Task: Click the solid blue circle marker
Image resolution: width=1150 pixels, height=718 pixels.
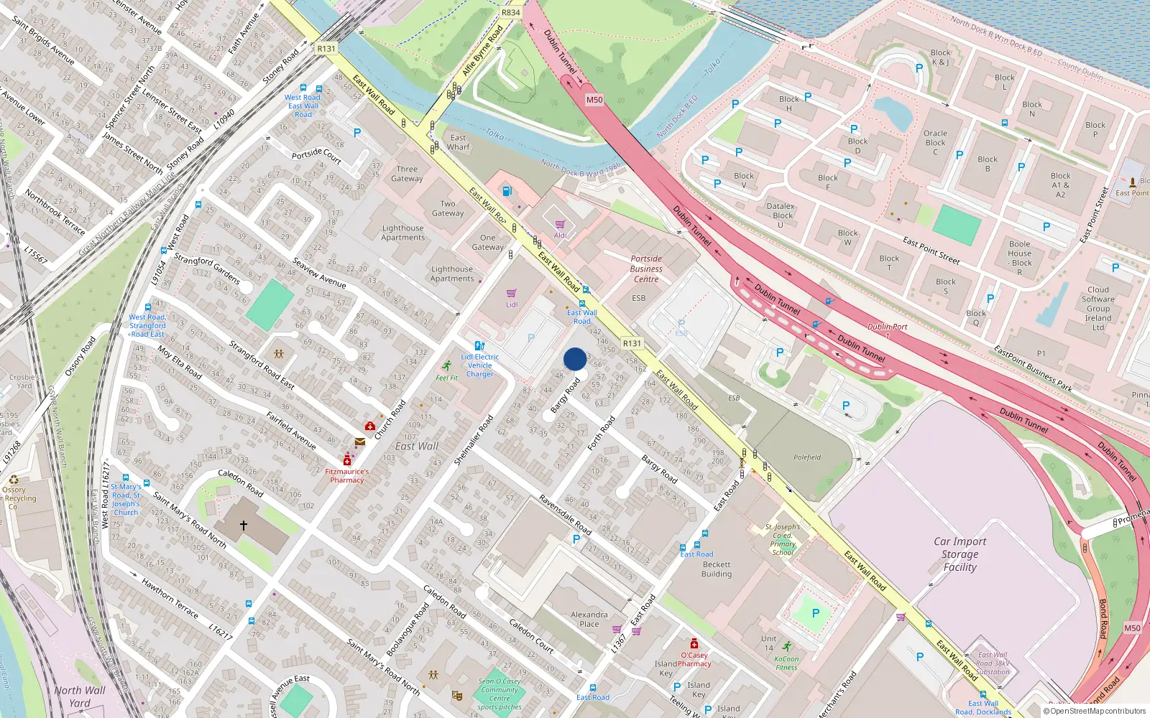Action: coord(575,359)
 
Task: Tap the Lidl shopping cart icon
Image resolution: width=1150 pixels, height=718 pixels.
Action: coord(511,294)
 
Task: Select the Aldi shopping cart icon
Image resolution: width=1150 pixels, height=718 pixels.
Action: coord(560,225)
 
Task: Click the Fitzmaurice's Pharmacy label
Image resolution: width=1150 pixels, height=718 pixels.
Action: coord(346,475)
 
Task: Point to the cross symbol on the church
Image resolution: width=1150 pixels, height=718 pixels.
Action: coord(244,526)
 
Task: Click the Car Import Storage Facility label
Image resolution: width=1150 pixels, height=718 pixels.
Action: coord(960,554)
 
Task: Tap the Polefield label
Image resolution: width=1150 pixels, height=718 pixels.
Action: coord(807,457)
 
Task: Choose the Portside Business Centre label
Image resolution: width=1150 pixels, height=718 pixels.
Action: coord(646,269)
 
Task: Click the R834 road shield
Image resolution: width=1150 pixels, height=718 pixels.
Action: coord(510,12)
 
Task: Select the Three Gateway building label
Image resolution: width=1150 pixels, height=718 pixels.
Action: coord(407,174)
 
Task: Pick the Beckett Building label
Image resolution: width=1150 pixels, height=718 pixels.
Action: coord(717,569)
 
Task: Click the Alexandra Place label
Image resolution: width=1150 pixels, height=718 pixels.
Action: coord(589,619)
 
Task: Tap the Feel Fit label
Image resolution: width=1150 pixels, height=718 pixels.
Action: coord(446,378)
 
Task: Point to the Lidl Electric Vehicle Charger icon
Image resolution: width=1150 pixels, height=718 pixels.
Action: coord(479,345)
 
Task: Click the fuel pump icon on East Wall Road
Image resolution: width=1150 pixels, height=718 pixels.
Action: coord(507,191)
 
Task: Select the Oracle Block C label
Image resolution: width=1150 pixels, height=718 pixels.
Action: coord(935,142)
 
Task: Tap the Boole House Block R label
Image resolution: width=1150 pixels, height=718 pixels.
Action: coord(1019,258)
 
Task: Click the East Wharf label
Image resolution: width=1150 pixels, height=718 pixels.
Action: coord(458,142)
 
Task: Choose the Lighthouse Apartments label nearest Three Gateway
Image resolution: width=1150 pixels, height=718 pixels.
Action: coord(402,233)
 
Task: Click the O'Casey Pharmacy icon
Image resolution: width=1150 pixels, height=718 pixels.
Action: coord(694,643)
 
